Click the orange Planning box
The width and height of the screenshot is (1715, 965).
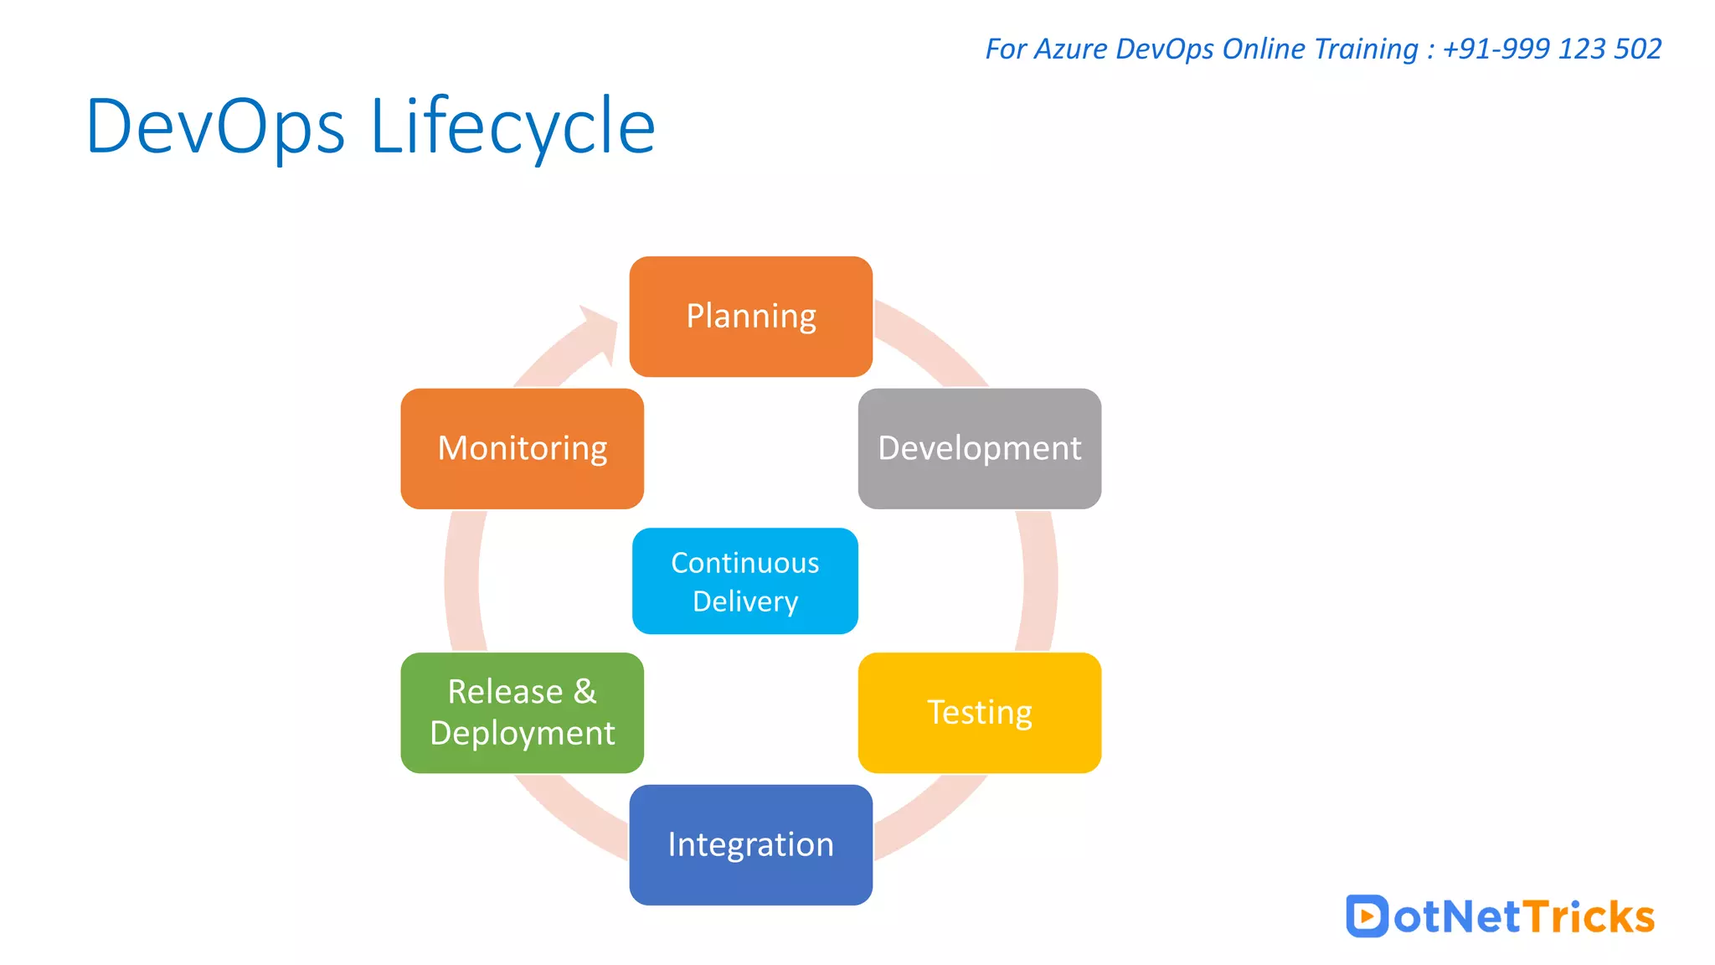pos(750,317)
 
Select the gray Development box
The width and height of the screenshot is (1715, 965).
pos(979,448)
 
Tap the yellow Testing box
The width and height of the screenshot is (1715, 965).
pos(979,713)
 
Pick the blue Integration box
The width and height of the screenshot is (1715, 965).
pos(750,844)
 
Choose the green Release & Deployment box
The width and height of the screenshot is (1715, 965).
pos(522,713)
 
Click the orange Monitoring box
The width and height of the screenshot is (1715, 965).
pos(522,448)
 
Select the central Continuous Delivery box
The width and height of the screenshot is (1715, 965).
pos(744,581)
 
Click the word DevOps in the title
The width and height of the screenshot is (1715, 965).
pos(215,126)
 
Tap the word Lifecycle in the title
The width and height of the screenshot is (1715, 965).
pos(512,126)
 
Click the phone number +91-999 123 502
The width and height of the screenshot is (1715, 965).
pos(1552,49)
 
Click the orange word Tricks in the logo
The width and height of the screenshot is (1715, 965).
pos(1589,916)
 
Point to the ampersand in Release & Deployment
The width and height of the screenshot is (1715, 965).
pos(585,692)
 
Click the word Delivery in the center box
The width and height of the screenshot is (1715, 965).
pos(744,601)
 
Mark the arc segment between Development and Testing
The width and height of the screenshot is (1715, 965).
pos(1039,581)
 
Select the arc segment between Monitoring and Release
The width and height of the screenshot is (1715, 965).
pos(461,581)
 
